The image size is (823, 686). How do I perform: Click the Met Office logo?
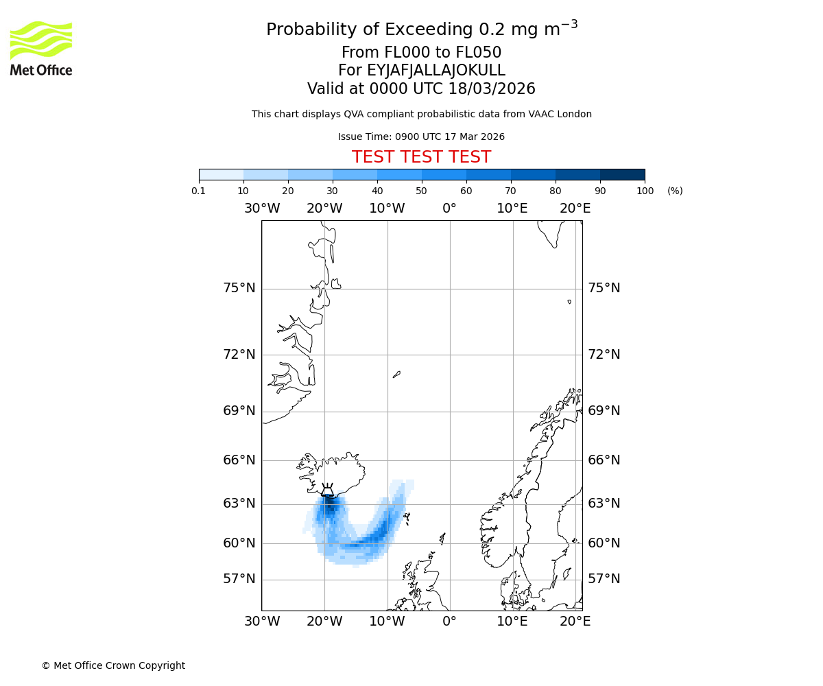[x=41, y=48]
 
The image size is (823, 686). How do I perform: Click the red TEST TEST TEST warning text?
[x=421, y=157]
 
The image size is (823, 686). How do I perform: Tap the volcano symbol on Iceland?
[x=328, y=490]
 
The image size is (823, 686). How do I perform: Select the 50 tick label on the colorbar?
[x=421, y=191]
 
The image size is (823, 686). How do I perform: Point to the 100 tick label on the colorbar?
[x=645, y=191]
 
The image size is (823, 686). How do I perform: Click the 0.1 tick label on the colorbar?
[x=199, y=191]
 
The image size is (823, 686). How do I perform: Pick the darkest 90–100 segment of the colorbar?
[x=622, y=174]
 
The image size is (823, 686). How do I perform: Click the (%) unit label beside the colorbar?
[x=675, y=191]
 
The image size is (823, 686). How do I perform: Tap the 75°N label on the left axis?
[x=239, y=288]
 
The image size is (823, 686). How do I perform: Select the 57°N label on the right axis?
[x=604, y=579]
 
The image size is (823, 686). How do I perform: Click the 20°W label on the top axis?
[x=324, y=209]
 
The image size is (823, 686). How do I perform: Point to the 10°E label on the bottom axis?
[x=512, y=622]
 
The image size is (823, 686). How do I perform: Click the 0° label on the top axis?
[x=449, y=209]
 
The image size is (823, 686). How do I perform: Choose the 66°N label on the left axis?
[x=239, y=460]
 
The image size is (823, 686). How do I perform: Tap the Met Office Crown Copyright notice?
[x=113, y=665]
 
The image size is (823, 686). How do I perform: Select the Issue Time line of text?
[x=421, y=137]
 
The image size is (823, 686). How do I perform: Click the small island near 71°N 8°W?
[x=396, y=375]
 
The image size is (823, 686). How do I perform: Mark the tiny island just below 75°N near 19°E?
[x=569, y=301]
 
